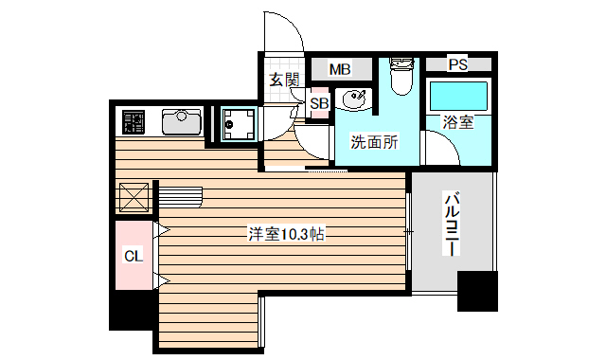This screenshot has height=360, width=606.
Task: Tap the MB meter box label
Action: (x=340, y=69)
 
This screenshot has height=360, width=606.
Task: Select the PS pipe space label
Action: (x=457, y=65)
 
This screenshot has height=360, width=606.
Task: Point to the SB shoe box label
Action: (x=319, y=103)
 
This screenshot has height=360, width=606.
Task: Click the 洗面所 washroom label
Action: (x=374, y=143)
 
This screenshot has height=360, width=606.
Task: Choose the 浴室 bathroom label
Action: (x=458, y=122)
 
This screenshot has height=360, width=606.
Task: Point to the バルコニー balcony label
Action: (x=452, y=224)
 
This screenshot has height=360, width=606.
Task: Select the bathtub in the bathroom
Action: (x=458, y=98)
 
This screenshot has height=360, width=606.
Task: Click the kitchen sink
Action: (x=181, y=122)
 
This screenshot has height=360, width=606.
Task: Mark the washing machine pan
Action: (x=237, y=123)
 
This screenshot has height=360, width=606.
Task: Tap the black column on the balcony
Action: (x=477, y=291)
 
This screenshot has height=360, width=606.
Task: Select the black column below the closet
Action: (x=133, y=310)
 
